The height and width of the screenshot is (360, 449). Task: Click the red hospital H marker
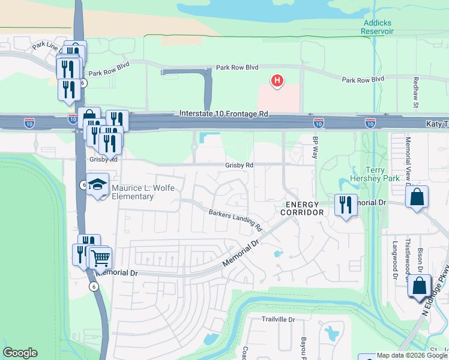click(x=277, y=80)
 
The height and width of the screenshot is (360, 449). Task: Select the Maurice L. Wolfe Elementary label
click(x=142, y=193)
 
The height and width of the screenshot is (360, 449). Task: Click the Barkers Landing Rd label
click(x=235, y=220)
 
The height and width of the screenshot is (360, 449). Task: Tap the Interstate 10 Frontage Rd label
click(x=224, y=113)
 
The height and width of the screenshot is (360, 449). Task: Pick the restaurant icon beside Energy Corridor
click(x=346, y=205)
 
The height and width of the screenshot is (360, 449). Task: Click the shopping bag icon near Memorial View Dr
click(x=417, y=196)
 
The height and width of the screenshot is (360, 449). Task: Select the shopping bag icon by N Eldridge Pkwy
click(x=419, y=286)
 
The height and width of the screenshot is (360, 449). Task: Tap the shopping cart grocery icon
click(x=100, y=258)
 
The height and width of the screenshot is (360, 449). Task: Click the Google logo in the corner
click(x=20, y=353)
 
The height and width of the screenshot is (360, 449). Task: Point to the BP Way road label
click(x=315, y=147)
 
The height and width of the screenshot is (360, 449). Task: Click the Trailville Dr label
click(x=279, y=319)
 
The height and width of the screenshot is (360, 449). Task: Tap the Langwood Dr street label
click(x=395, y=253)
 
